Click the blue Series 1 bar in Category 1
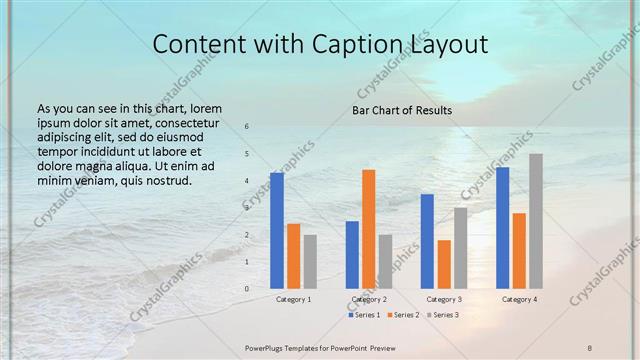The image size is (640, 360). [277, 231]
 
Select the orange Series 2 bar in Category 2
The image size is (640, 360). [369, 229]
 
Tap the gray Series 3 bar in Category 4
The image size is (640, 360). [536, 221]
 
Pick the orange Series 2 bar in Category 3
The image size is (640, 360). [444, 264]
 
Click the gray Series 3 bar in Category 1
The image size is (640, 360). [310, 261]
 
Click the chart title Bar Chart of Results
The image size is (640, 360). [402, 110]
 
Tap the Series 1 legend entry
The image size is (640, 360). [364, 315]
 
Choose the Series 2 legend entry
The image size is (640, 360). [403, 315]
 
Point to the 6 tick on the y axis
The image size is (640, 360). [247, 126]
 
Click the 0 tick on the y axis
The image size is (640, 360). [247, 289]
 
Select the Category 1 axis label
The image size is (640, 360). [293, 299]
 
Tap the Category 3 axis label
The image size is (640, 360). [444, 299]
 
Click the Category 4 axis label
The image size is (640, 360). [519, 299]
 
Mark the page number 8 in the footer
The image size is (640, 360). [590, 347]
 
